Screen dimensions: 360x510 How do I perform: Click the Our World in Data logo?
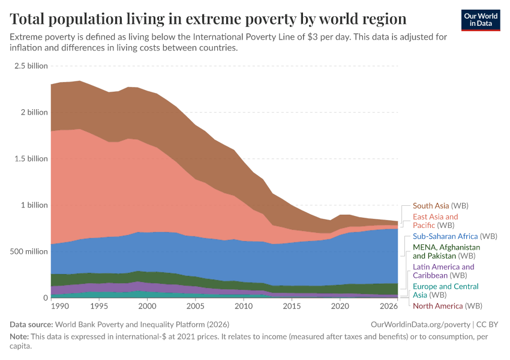point(481,19)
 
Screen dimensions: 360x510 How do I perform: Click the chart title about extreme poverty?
point(208,19)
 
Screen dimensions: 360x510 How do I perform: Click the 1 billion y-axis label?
point(34,205)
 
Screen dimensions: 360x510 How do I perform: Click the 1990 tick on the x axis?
point(59,307)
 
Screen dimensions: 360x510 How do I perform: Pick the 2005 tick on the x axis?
point(195,307)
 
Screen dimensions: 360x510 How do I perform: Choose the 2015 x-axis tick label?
point(292,307)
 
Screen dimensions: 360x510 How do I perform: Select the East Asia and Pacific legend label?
point(435,221)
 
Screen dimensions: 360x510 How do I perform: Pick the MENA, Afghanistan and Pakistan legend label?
point(446,251)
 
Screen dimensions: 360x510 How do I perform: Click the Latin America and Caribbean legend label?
point(443,271)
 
